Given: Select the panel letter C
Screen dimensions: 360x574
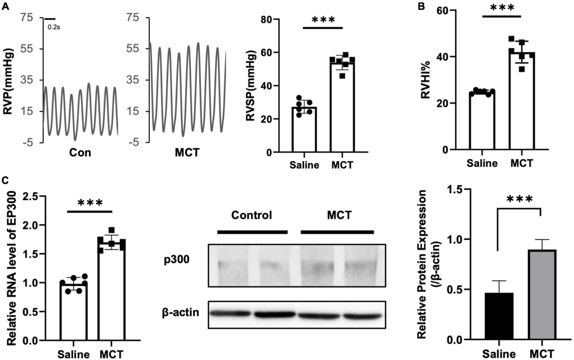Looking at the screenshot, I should [5, 180].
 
